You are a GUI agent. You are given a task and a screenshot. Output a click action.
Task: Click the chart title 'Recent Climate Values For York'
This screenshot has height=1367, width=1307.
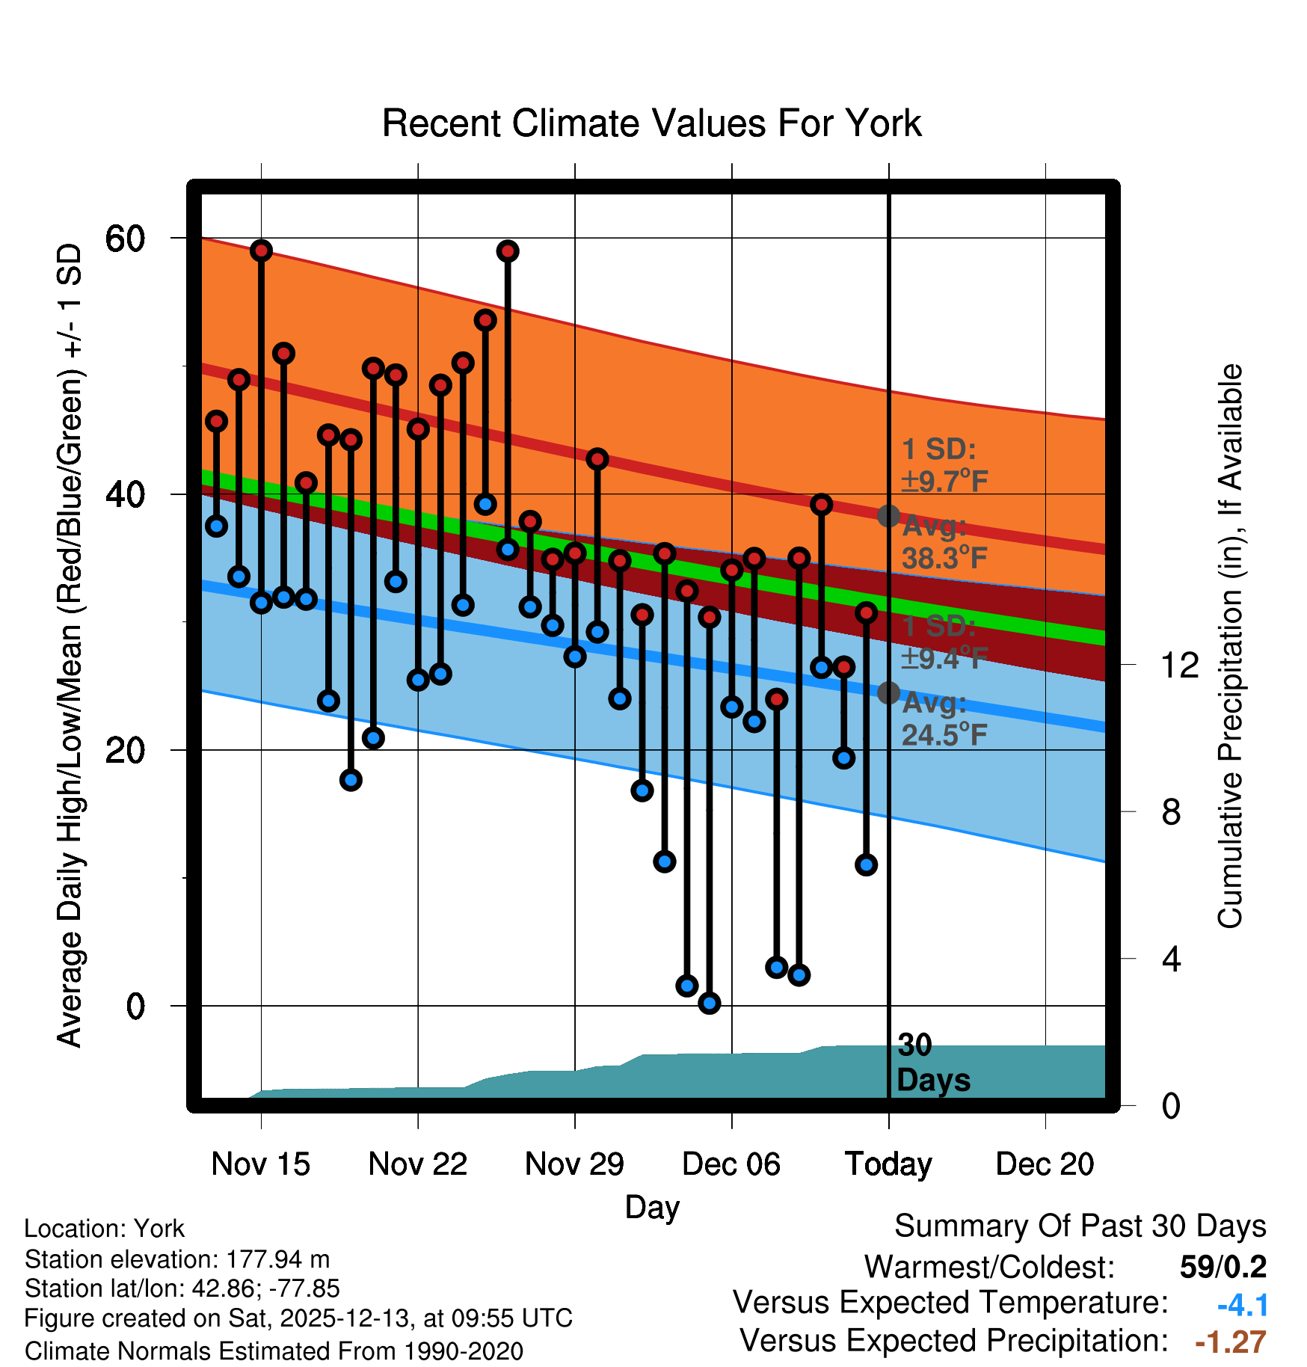(x=651, y=123)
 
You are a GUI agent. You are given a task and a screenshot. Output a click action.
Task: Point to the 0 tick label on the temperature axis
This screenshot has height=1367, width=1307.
(x=135, y=1007)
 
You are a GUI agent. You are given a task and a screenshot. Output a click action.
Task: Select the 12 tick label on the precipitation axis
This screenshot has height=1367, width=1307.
(x=1179, y=665)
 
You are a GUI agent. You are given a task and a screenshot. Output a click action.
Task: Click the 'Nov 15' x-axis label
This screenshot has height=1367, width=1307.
(x=260, y=1164)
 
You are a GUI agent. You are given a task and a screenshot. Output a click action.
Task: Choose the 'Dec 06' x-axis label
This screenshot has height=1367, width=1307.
(x=731, y=1164)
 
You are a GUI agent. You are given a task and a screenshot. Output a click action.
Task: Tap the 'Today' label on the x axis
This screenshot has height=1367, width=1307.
(x=888, y=1164)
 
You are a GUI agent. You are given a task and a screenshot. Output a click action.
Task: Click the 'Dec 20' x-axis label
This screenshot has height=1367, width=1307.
(x=1045, y=1164)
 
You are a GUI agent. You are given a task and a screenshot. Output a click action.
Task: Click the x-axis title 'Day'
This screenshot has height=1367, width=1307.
(x=652, y=1207)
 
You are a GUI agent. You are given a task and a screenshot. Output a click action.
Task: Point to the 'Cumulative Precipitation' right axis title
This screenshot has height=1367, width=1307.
(x=1230, y=646)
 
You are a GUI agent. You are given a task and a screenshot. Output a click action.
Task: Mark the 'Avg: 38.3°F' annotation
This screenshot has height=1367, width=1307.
(x=944, y=543)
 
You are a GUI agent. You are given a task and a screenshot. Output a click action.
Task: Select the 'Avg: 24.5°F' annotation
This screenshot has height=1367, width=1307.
(x=944, y=719)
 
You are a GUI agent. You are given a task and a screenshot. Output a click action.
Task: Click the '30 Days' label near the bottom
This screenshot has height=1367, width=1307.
(x=932, y=1063)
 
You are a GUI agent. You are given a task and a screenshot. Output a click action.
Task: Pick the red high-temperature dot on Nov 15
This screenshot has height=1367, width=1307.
(x=261, y=251)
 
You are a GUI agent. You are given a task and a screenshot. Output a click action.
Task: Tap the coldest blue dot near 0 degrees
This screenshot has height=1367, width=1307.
(x=710, y=1003)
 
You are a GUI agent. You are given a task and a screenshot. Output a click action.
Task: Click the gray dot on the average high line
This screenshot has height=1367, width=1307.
(x=888, y=515)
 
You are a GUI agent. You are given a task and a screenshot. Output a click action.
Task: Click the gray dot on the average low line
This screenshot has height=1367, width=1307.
(x=888, y=693)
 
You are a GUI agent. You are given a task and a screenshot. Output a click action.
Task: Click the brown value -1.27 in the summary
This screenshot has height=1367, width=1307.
(x=1231, y=1342)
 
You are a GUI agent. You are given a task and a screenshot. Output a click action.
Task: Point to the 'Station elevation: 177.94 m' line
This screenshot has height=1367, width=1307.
(x=177, y=1259)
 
